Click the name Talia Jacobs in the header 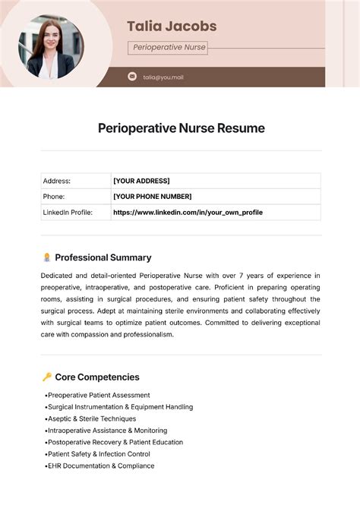pyautogui.click(x=172, y=27)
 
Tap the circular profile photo pyautogui.click(x=51, y=46)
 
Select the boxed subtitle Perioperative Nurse pyautogui.click(x=169, y=47)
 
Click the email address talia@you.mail pyautogui.click(x=163, y=77)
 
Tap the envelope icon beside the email pyautogui.click(x=132, y=77)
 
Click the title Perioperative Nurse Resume pyautogui.click(x=182, y=128)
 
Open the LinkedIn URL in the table pyautogui.click(x=188, y=213)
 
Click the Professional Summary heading pyautogui.click(x=103, y=257)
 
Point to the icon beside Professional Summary pyautogui.click(x=47, y=257)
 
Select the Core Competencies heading pyautogui.click(x=97, y=377)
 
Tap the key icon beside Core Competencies pyautogui.click(x=47, y=377)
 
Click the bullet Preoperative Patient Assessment pyautogui.click(x=99, y=395)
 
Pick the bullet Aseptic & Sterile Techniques pyautogui.click(x=92, y=418)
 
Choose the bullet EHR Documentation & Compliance pyautogui.click(x=101, y=465)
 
